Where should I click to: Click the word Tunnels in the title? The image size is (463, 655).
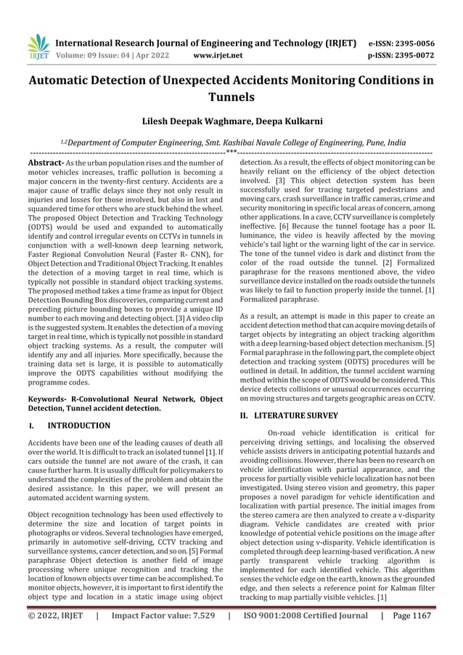(x=231, y=97)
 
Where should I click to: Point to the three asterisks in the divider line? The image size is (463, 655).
(x=231, y=153)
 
